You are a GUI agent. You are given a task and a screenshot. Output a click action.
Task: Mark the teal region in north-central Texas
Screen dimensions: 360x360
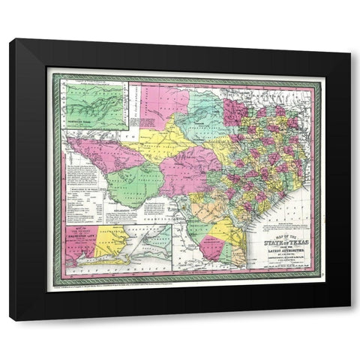click(x=206, y=112)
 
